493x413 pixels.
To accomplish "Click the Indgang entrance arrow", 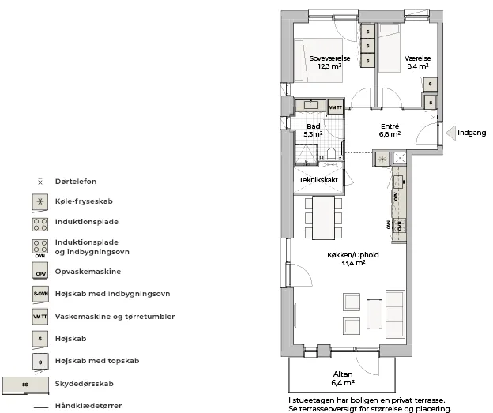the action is [451, 133].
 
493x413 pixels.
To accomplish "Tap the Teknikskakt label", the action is [318, 180].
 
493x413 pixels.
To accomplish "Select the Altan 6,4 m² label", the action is [343, 378].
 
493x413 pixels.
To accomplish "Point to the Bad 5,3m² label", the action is [313, 130].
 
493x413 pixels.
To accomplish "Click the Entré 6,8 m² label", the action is [390, 130].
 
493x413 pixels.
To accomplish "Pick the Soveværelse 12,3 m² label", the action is [329, 62].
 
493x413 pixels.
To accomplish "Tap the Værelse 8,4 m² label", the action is [417, 62].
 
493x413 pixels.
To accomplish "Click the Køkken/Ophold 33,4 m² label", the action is [353, 259].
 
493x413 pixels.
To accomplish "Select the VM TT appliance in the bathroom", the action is [336, 107].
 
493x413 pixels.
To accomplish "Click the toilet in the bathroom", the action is [331, 154].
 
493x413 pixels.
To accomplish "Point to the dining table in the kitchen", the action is [323, 218].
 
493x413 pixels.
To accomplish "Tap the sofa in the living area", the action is [395, 314].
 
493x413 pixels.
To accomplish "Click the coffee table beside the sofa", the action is [374, 314].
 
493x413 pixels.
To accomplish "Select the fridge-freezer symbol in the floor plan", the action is [382, 159].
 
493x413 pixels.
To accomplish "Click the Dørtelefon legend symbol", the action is [40, 182].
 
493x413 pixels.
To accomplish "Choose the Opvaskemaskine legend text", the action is [88, 272].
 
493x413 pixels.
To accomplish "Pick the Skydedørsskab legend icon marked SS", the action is [25, 385].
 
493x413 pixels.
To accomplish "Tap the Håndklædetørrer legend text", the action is [88, 406].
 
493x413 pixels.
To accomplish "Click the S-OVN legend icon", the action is [40, 295].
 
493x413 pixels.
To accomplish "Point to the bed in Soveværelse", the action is [318, 60].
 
